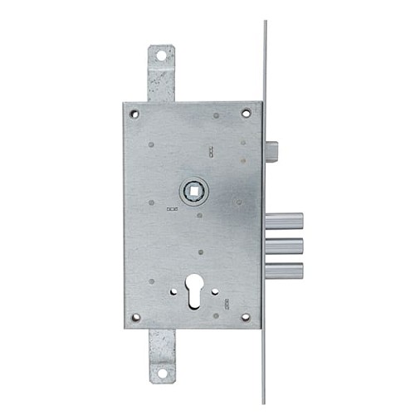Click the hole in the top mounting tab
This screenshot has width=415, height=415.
pos(161,56)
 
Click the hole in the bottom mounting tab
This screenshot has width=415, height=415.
pos(161,373)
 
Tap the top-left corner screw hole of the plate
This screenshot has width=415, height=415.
pos(134,113)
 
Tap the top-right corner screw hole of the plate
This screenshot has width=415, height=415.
pos(246,113)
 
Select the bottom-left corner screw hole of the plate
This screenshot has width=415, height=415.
pos(135,317)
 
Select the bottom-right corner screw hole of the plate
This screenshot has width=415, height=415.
pos(246,316)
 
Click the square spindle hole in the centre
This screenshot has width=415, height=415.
pos(194,191)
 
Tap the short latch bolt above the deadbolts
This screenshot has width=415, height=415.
pos(271,153)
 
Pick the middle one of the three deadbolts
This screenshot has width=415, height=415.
pos(284,246)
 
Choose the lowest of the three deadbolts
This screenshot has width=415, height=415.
pos(284,270)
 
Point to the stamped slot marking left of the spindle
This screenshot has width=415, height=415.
pos(172,208)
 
